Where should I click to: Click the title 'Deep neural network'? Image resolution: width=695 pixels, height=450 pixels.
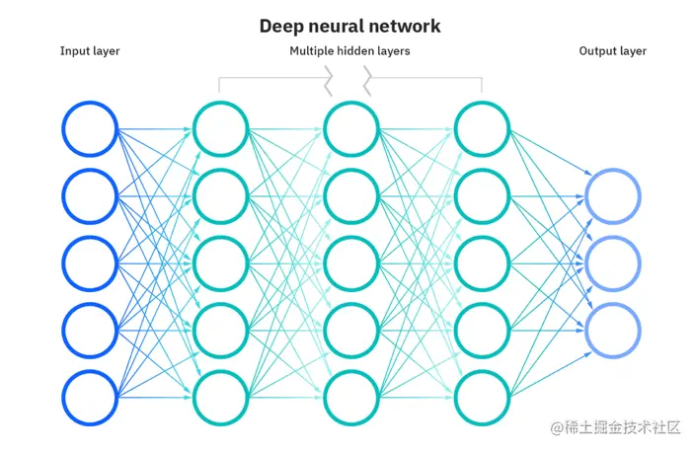(x=349, y=26)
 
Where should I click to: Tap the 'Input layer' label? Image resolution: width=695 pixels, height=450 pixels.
(x=90, y=51)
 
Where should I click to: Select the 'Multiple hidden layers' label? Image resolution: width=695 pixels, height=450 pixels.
(x=349, y=51)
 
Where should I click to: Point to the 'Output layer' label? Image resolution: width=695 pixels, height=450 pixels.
(x=612, y=51)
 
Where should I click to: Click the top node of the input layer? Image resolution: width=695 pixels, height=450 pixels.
(x=90, y=129)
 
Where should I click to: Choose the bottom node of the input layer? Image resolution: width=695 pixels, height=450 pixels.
(x=90, y=398)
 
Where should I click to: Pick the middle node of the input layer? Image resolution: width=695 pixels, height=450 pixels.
(x=90, y=263)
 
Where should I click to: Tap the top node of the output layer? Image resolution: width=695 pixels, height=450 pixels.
(x=613, y=196)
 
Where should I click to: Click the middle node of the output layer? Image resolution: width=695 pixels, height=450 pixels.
(x=613, y=263)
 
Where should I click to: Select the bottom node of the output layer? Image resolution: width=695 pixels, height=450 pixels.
(x=613, y=331)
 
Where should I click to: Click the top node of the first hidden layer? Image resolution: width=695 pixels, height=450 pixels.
(x=220, y=129)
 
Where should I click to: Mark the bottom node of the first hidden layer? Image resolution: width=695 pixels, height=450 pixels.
(x=220, y=398)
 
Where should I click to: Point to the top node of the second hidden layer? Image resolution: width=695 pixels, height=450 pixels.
(x=351, y=129)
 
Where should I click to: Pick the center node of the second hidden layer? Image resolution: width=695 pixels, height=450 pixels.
(x=351, y=263)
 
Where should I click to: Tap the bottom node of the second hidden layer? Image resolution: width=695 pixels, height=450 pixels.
(x=351, y=398)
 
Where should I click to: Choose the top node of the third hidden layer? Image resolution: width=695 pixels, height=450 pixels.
(x=482, y=129)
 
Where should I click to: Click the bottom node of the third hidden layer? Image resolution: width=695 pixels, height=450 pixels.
(x=482, y=398)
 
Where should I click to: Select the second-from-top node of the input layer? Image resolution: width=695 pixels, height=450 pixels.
(x=90, y=196)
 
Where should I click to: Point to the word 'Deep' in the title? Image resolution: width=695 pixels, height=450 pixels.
(x=280, y=26)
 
